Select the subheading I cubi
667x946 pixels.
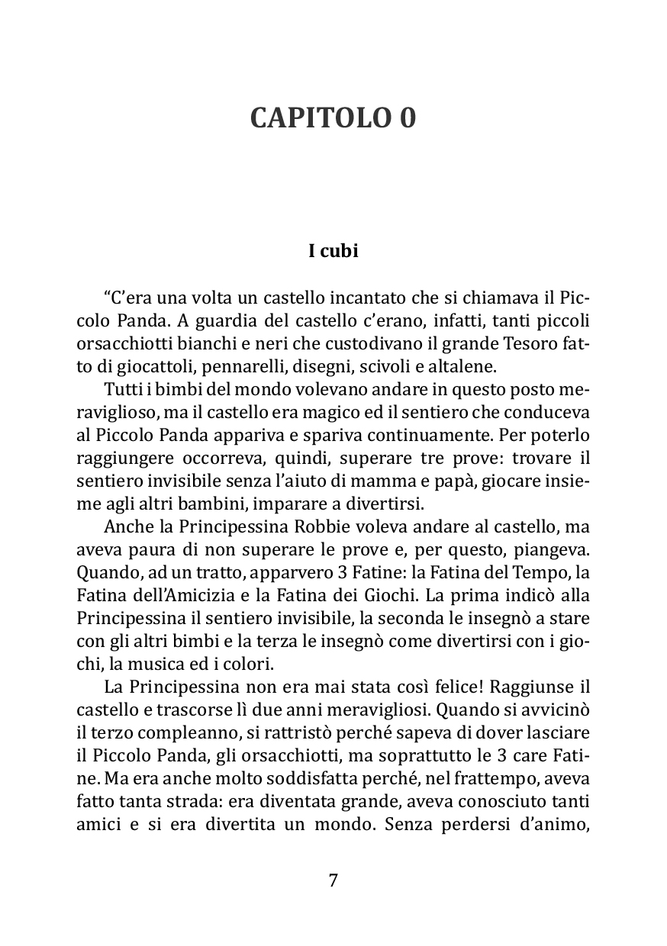pyautogui.click(x=333, y=251)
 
